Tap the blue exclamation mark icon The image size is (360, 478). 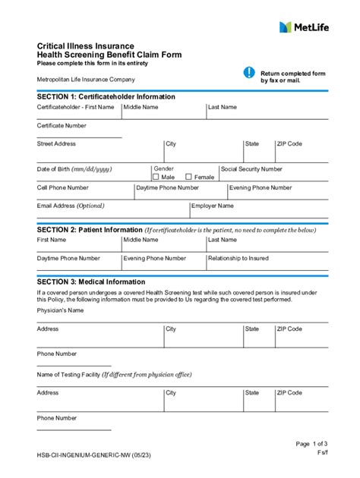pos(249,72)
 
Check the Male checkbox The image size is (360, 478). pos(156,177)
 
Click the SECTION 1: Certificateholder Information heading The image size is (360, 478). pos(106,97)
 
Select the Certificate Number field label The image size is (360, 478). pos(62,125)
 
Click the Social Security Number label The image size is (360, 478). pos(251,169)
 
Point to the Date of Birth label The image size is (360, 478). pos(74,169)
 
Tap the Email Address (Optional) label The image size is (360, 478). pos(71,206)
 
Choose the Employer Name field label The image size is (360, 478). pos(213,206)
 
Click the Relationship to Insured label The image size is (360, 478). pos(238,258)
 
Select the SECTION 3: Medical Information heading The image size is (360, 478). pos(91,281)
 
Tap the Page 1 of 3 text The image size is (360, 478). pos(312,444)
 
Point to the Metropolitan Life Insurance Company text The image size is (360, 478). pos(86,80)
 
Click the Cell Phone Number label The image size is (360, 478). pos(63,187)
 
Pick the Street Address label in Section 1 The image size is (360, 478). pos(56,143)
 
